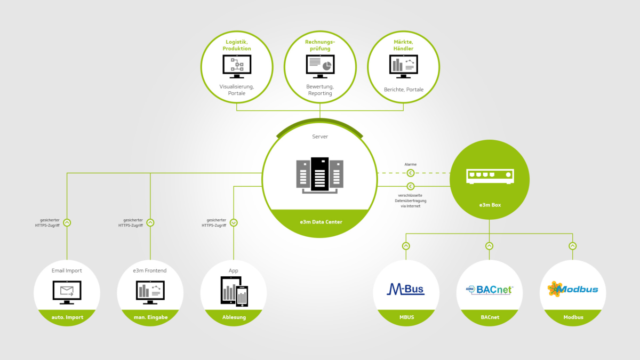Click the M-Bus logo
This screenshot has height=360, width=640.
click(405, 290)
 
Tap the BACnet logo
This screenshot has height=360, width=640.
click(489, 290)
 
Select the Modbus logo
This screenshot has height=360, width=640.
click(573, 290)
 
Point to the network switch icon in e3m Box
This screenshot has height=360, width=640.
click(489, 176)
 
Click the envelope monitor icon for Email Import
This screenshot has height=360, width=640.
click(67, 291)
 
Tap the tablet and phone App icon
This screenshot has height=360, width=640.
click(234, 291)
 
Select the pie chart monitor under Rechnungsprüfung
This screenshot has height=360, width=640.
click(319, 66)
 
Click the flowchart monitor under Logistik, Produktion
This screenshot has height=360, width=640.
click(237, 66)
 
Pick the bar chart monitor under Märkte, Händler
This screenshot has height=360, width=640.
click(403, 66)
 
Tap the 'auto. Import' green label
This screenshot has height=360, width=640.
click(67, 317)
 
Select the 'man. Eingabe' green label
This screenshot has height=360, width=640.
click(150, 317)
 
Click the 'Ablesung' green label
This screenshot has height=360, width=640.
click(234, 317)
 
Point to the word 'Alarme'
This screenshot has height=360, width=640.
click(410, 164)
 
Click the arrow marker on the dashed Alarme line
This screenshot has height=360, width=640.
click(410, 173)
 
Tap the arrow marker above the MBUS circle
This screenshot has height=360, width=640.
click(406, 246)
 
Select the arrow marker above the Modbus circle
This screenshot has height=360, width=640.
click(572, 246)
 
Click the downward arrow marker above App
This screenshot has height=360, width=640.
click(234, 222)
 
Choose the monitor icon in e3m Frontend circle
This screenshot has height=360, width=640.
click(150, 291)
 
